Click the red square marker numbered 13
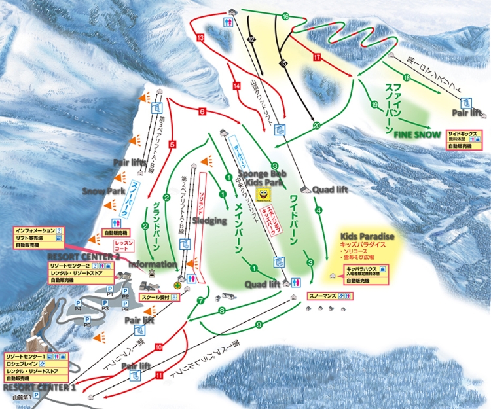pyautogui.click(x=200, y=39)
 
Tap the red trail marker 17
pyautogui.click(x=317, y=58)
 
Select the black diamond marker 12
pyautogui.click(x=251, y=40)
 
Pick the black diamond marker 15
pyautogui.click(x=283, y=63)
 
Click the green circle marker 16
pyautogui.click(x=285, y=16)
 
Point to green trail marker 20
pyautogui.click(x=317, y=125)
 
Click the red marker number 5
pyautogui.click(x=173, y=144)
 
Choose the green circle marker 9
pyautogui.click(x=259, y=324)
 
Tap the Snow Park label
pyautogui.click(x=103, y=190)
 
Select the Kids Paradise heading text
pyautogui.click(x=363, y=234)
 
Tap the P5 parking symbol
pyautogui.click(x=86, y=322)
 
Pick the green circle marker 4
pyautogui.click(x=319, y=210)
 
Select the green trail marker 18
pyautogui.click(x=407, y=79)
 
